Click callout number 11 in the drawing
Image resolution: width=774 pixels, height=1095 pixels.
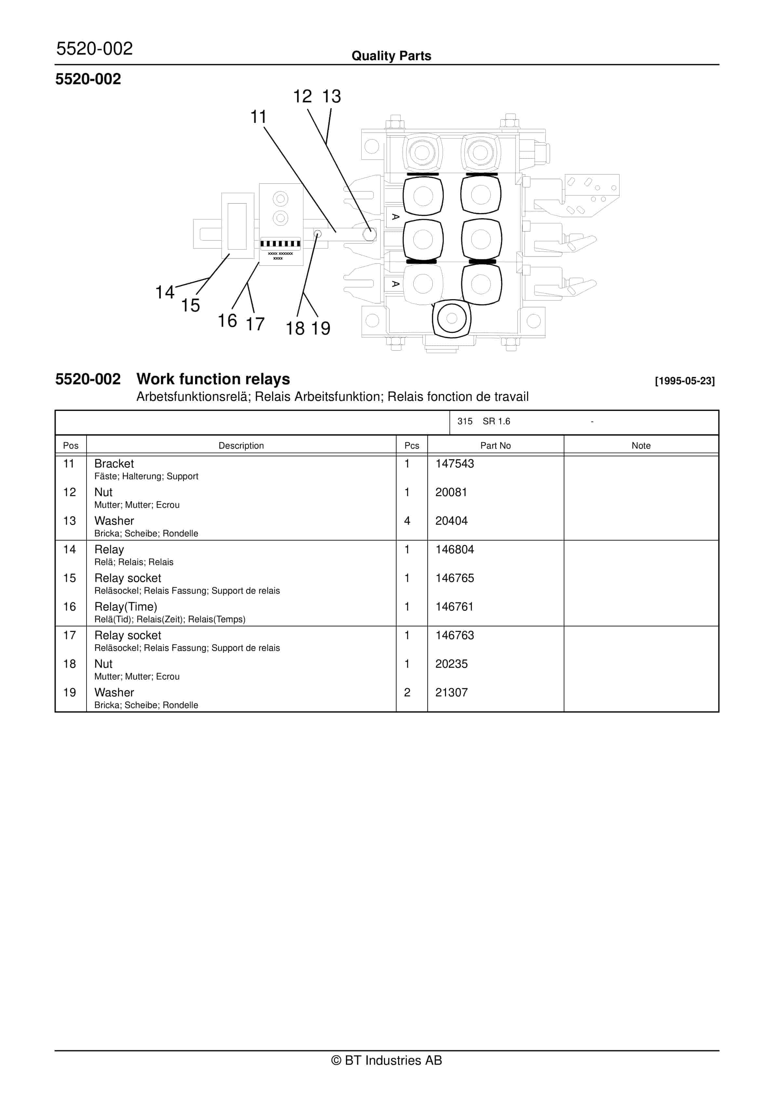(x=258, y=117)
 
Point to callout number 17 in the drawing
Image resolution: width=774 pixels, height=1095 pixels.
(x=255, y=324)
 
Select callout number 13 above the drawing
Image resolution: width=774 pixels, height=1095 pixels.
(x=331, y=96)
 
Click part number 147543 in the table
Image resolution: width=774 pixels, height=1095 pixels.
(x=454, y=464)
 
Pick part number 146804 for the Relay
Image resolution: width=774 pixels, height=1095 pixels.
(x=454, y=549)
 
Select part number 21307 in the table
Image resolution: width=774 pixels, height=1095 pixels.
(x=451, y=693)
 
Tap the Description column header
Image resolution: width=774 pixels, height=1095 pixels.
(x=241, y=445)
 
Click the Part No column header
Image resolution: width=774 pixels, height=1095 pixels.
(x=495, y=445)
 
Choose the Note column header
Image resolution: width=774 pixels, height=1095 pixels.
(x=641, y=445)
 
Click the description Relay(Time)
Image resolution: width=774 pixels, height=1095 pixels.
(x=126, y=607)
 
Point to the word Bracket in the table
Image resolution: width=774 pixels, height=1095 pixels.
(x=114, y=464)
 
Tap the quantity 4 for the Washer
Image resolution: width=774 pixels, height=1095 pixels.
(x=407, y=521)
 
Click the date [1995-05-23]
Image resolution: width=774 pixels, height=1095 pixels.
(x=684, y=381)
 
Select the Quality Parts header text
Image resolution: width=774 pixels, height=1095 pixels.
(x=391, y=56)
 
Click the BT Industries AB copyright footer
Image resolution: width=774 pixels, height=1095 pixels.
(x=387, y=1060)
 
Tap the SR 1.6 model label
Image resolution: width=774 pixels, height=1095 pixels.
(x=496, y=421)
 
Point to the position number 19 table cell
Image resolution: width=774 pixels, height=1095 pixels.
(x=70, y=693)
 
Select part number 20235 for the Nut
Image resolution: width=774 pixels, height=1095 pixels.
(x=451, y=664)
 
